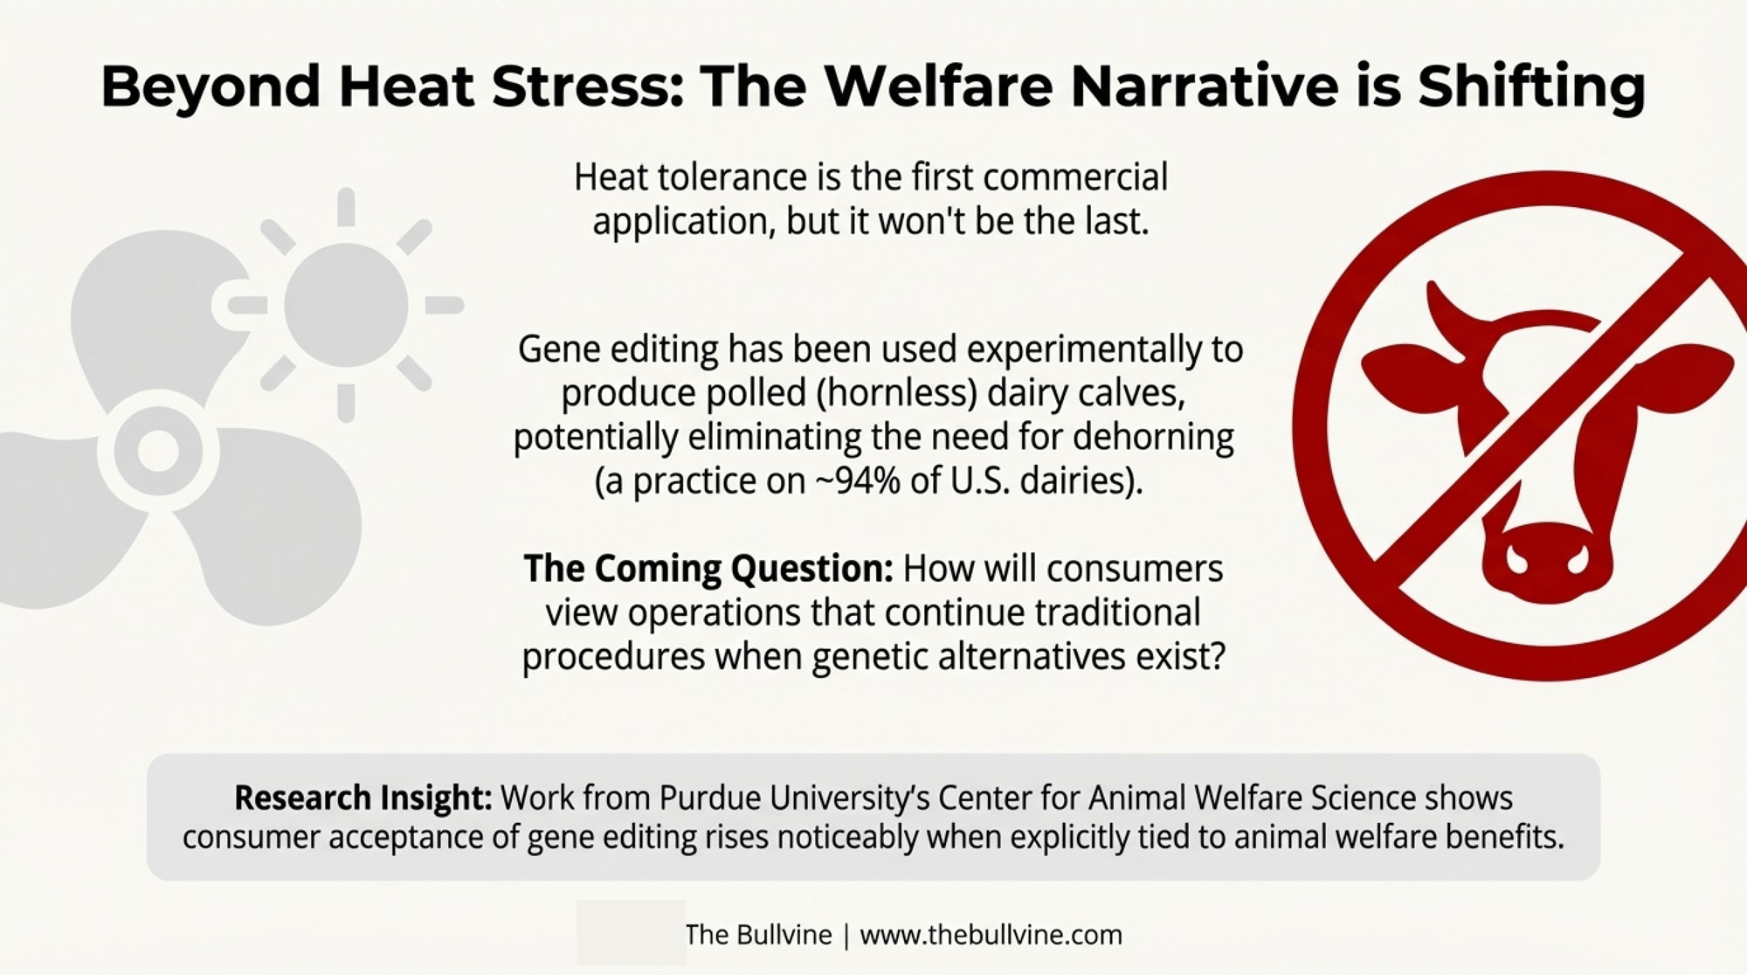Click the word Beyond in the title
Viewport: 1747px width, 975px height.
211,87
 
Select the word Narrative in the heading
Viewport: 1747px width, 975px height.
1205,86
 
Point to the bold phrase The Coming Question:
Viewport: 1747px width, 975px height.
708,569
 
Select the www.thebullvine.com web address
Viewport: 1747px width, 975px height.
991,935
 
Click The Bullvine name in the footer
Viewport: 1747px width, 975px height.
758,935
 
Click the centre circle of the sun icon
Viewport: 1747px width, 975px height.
346,305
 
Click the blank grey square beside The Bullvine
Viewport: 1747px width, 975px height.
631,933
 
